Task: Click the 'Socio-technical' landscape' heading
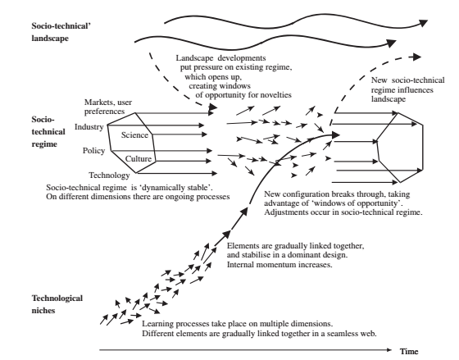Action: pos(61,32)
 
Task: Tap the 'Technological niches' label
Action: pos(57,304)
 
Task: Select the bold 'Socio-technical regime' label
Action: pos(48,132)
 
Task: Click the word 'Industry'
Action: pos(89,127)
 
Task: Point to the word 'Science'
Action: pos(134,135)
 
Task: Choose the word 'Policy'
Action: pos(93,151)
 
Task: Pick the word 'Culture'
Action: pos(139,159)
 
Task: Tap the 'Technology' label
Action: pos(109,175)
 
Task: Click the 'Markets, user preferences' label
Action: pos(108,107)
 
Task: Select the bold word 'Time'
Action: pos(409,351)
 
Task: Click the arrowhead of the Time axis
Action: pos(389,349)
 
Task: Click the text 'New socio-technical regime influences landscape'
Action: pos(408,89)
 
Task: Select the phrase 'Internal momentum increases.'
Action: pos(279,265)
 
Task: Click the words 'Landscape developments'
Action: pos(221,58)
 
